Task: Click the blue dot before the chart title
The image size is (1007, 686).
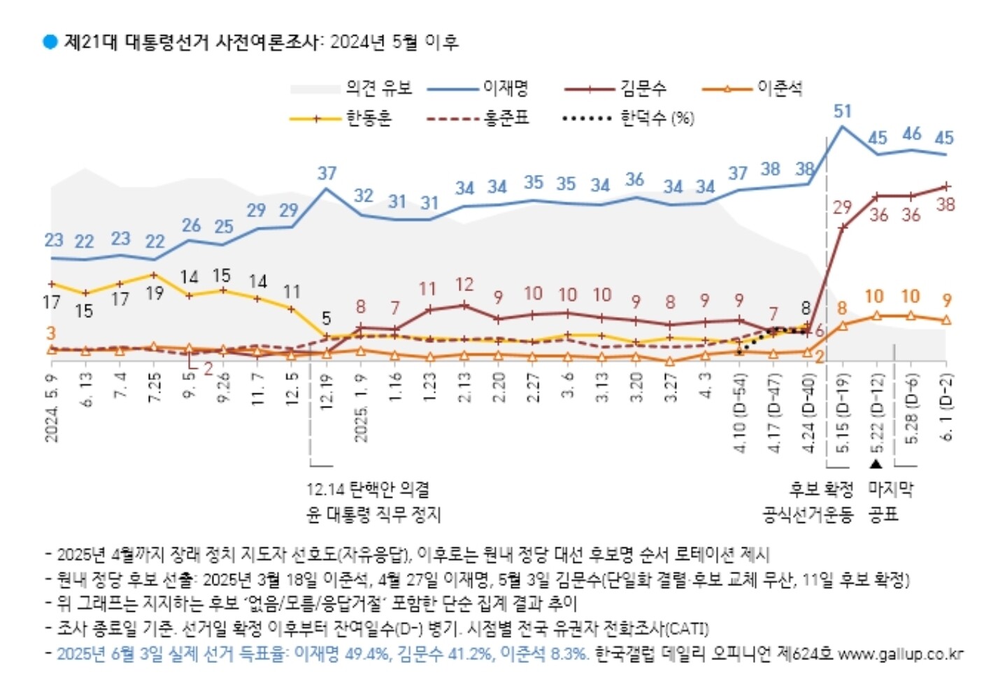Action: tap(50, 42)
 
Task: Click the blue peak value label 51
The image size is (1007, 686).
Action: tap(843, 111)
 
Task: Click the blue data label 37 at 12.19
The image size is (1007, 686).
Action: tap(327, 173)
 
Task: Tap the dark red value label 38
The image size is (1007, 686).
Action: tap(945, 204)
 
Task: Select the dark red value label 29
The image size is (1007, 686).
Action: tap(842, 207)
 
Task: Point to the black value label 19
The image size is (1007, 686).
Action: tap(155, 293)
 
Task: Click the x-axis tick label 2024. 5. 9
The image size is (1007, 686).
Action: tap(52, 407)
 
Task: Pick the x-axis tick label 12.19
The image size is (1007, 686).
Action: tap(326, 392)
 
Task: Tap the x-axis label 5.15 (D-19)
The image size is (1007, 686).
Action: tap(843, 413)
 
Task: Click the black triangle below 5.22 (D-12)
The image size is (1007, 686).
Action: tap(876, 463)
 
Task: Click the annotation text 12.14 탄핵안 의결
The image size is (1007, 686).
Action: tap(368, 489)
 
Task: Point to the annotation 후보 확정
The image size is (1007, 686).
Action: tap(822, 489)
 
